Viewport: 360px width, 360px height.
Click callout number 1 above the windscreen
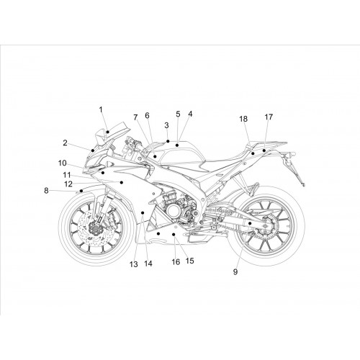point(101,109)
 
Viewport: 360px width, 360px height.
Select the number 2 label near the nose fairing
point(65,143)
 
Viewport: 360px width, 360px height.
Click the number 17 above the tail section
point(269,117)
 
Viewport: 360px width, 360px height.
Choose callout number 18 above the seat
point(243,119)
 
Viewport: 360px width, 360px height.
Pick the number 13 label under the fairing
point(134,264)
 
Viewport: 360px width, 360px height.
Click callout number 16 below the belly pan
point(176,262)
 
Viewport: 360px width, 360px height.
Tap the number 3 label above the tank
point(166,125)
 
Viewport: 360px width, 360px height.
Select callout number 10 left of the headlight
point(62,163)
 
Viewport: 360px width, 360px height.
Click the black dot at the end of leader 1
point(108,132)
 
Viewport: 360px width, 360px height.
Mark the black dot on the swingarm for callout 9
point(250,223)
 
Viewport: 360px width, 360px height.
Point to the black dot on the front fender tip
point(81,191)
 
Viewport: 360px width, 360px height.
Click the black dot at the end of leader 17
point(264,150)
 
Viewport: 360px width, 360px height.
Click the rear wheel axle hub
point(266,225)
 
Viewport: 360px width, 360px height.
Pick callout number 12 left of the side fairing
point(68,184)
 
